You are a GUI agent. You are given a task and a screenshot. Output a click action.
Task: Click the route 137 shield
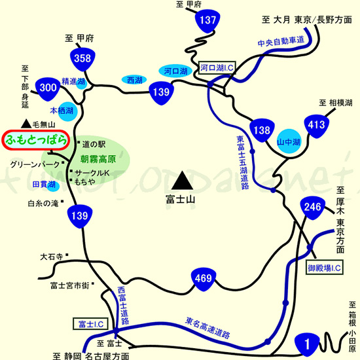pyautogui.click(x=207, y=22)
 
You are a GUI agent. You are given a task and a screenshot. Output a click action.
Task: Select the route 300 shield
pyautogui.click(x=48, y=87)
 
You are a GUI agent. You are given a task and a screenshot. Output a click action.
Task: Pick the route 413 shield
pyautogui.click(x=314, y=124)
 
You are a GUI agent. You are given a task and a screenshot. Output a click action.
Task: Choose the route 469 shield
pyautogui.click(x=203, y=279)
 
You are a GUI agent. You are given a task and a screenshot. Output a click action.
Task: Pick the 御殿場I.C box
pyautogui.click(x=325, y=268)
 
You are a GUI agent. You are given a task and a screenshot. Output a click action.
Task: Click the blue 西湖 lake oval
pyautogui.click(x=134, y=80)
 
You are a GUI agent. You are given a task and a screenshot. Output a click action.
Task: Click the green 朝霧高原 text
pyautogui.click(x=98, y=159)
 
